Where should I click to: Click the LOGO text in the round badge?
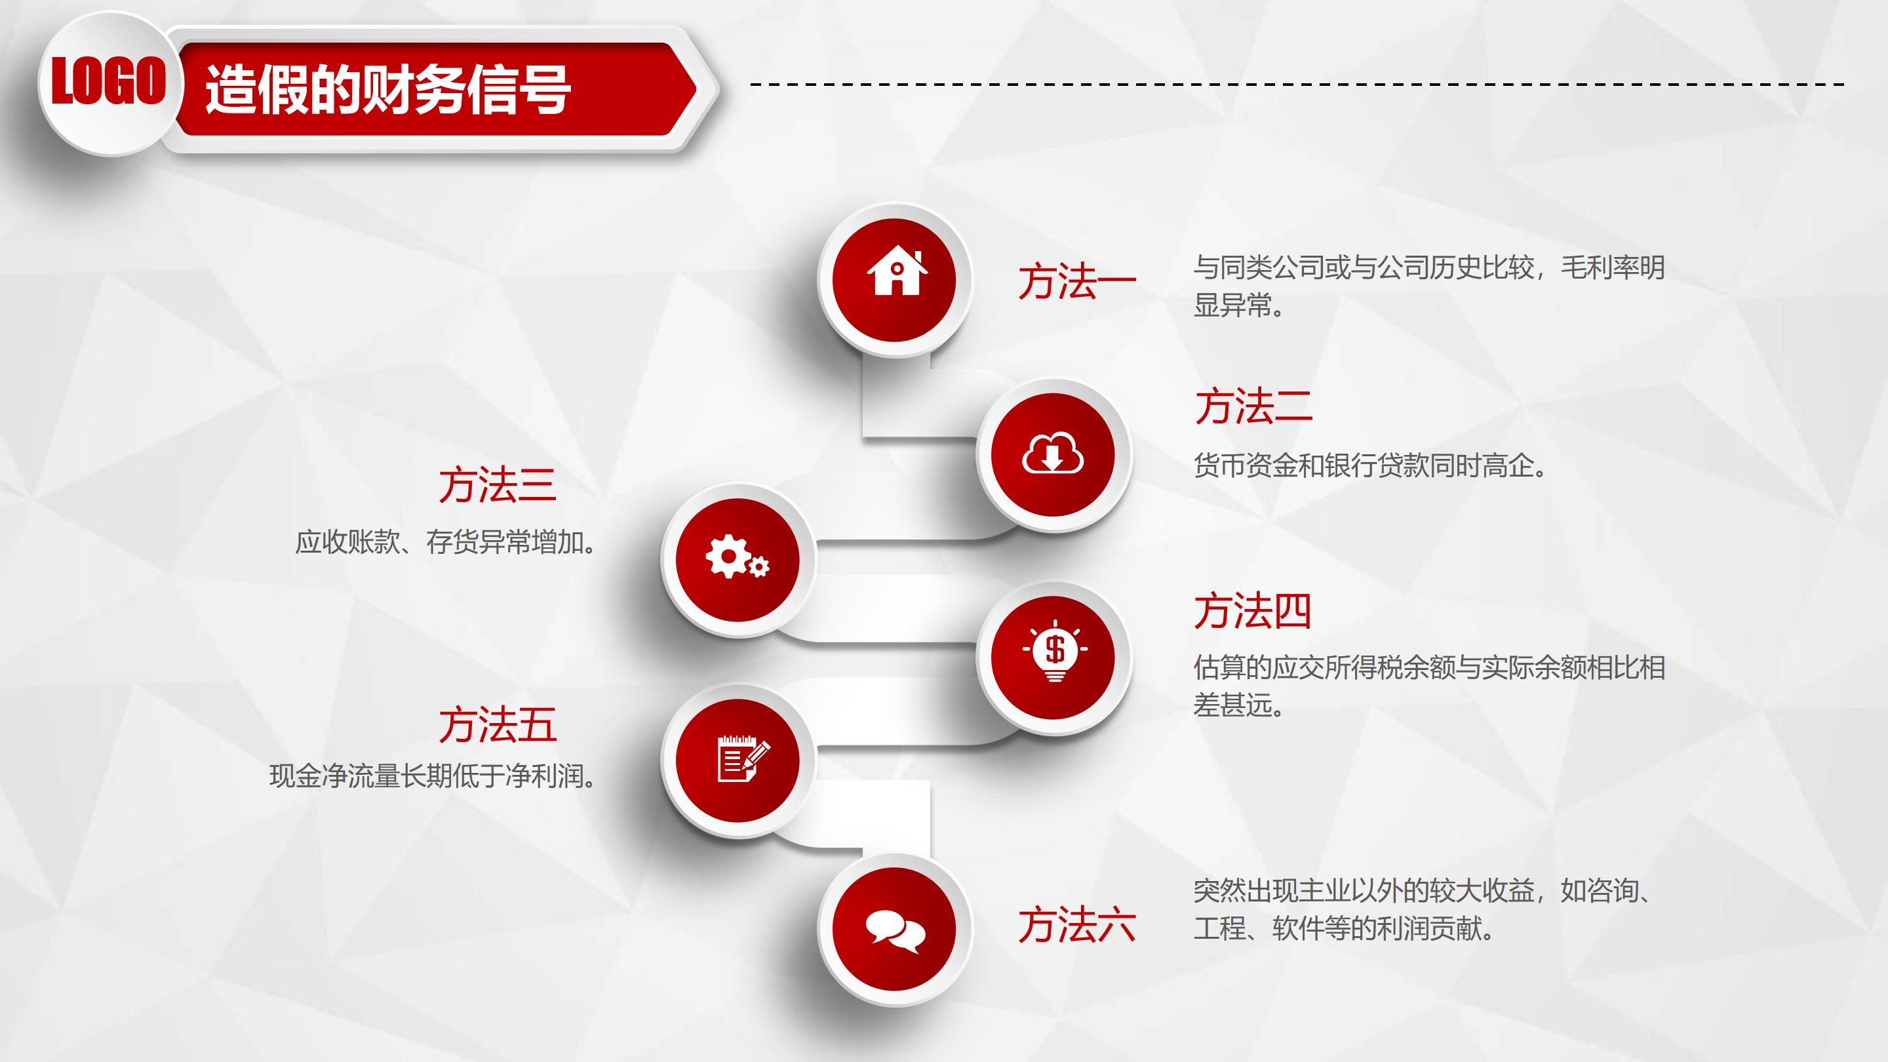(x=108, y=81)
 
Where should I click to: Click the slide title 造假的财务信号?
(x=387, y=89)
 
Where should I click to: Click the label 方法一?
(x=1076, y=282)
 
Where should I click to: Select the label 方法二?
(x=1253, y=406)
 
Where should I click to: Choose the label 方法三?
(x=498, y=485)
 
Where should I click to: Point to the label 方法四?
(x=1253, y=610)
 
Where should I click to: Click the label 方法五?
(x=498, y=725)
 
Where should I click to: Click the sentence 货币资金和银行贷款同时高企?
(x=1370, y=465)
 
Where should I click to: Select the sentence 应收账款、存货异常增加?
(x=446, y=542)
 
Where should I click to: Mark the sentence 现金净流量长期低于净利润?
(x=433, y=776)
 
